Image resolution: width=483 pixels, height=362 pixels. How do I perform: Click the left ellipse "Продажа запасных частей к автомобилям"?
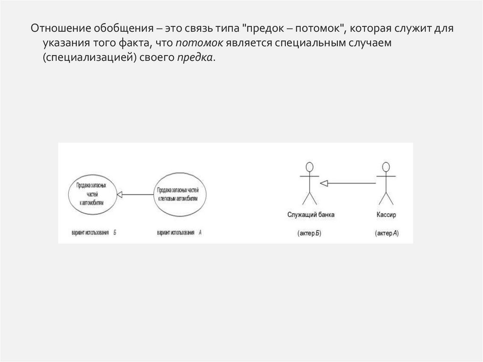[x=92, y=194]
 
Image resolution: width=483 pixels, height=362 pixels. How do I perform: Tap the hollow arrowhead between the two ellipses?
[x=120, y=194]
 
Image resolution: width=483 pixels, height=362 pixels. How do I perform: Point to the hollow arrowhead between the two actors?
[x=323, y=183]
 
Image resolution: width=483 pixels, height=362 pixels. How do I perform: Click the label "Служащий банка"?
[x=311, y=215]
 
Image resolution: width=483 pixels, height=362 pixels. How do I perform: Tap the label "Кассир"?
[x=386, y=215]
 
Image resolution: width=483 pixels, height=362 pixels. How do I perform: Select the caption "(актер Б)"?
[x=309, y=233]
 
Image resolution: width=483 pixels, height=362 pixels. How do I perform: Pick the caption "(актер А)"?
[x=386, y=233]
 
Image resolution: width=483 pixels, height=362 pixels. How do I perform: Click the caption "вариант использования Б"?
[x=93, y=233]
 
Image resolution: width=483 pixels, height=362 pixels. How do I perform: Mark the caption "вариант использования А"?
[x=179, y=233]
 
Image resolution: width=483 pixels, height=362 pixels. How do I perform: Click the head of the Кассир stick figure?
[x=386, y=167]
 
